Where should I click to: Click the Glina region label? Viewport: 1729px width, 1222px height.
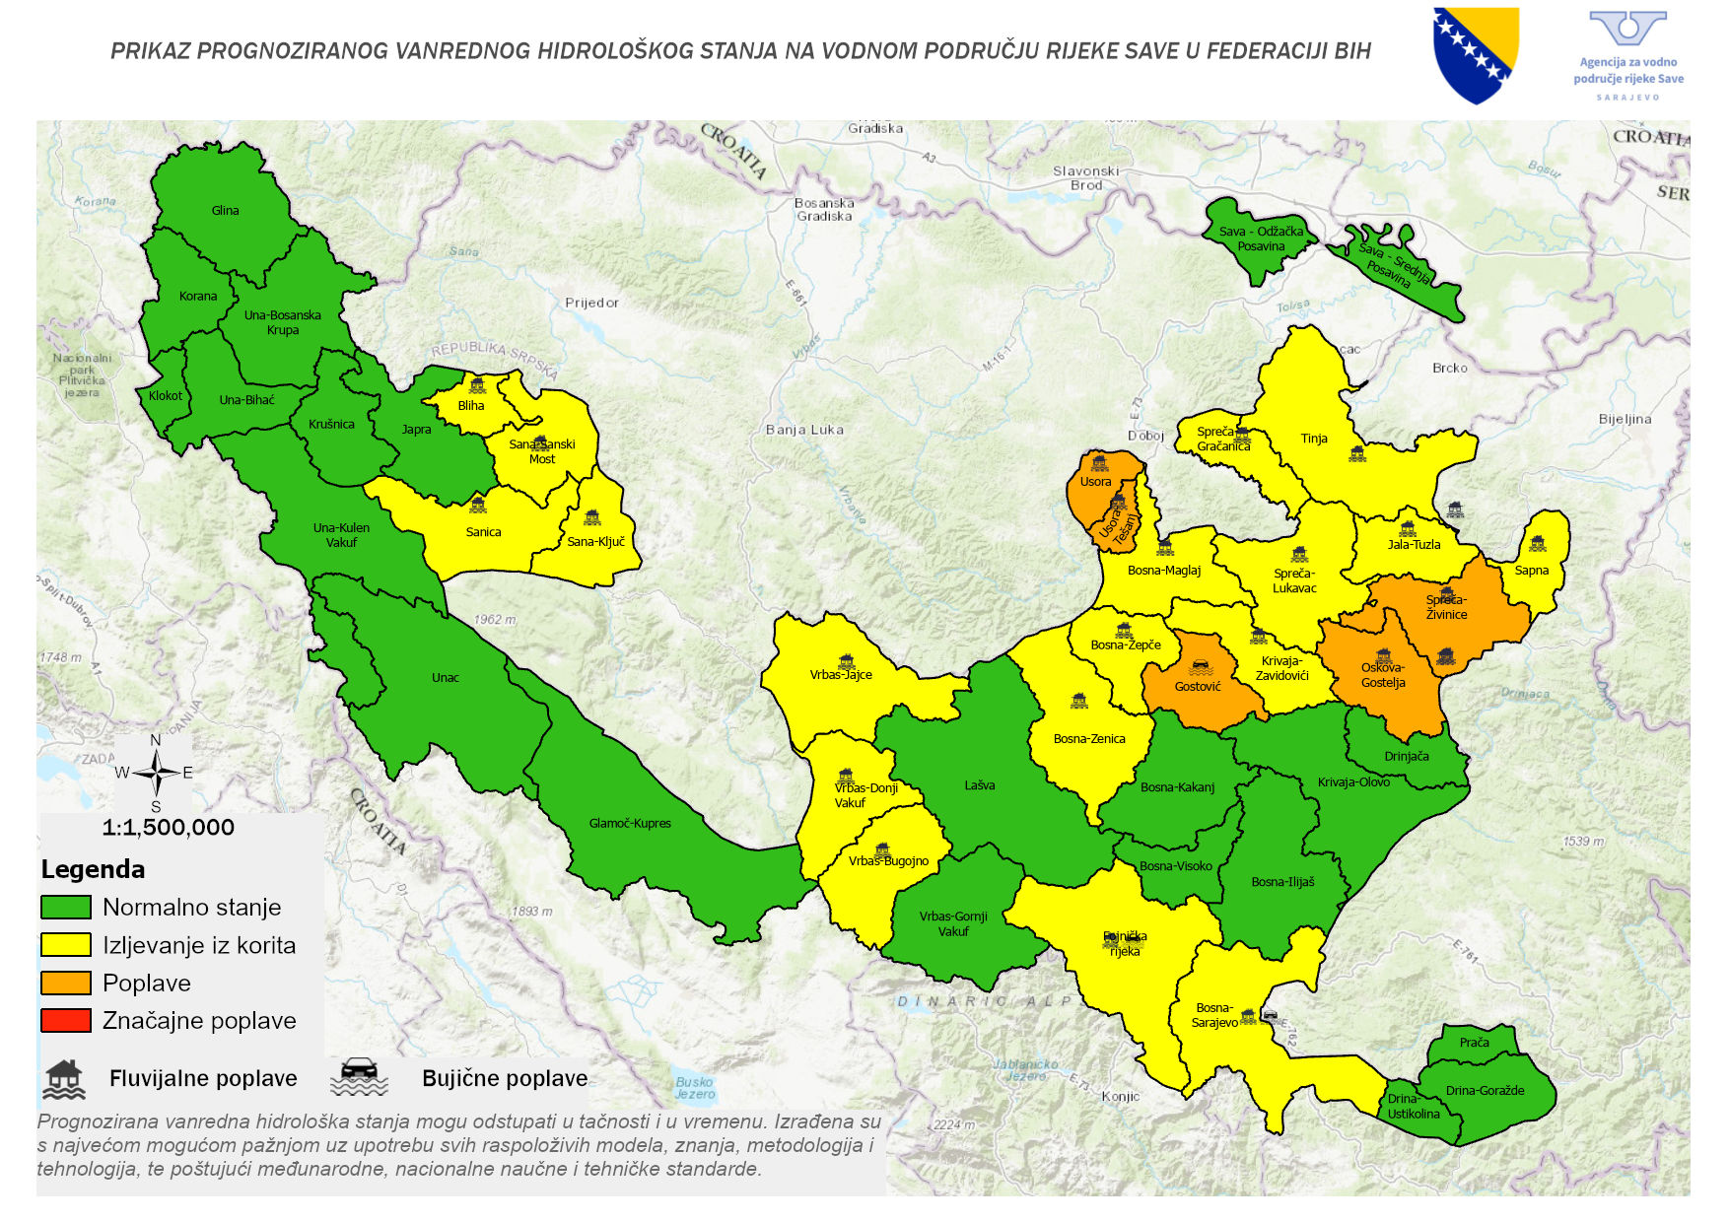click(225, 210)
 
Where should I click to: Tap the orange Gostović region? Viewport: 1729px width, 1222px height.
click(1198, 686)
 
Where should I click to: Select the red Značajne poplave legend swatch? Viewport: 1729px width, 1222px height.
click(66, 1020)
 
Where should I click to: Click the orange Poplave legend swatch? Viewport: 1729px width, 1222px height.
click(66, 983)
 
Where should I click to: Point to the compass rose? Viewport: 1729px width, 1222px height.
click(155, 773)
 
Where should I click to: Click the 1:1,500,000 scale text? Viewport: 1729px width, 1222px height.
click(169, 828)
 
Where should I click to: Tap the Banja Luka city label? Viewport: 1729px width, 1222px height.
click(804, 430)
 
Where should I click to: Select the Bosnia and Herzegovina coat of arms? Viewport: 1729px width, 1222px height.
click(1476, 54)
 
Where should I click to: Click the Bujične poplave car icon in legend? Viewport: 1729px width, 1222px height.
click(360, 1077)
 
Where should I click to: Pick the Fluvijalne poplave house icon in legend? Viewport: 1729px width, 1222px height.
click(64, 1079)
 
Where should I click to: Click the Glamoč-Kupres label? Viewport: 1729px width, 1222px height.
click(630, 823)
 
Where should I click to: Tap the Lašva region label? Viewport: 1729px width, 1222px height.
click(980, 785)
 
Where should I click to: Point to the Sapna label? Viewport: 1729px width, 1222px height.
click(1532, 571)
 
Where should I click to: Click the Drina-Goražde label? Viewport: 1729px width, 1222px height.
click(1485, 1090)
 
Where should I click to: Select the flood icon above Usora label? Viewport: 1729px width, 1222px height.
click(1100, 463)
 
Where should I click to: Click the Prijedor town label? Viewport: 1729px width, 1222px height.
click(591, 303)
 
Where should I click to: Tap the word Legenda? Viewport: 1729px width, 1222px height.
click(93, 869)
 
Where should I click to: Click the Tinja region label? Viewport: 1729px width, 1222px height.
click(1314, 439)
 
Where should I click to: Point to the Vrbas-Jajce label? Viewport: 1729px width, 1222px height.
click(841, 675)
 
